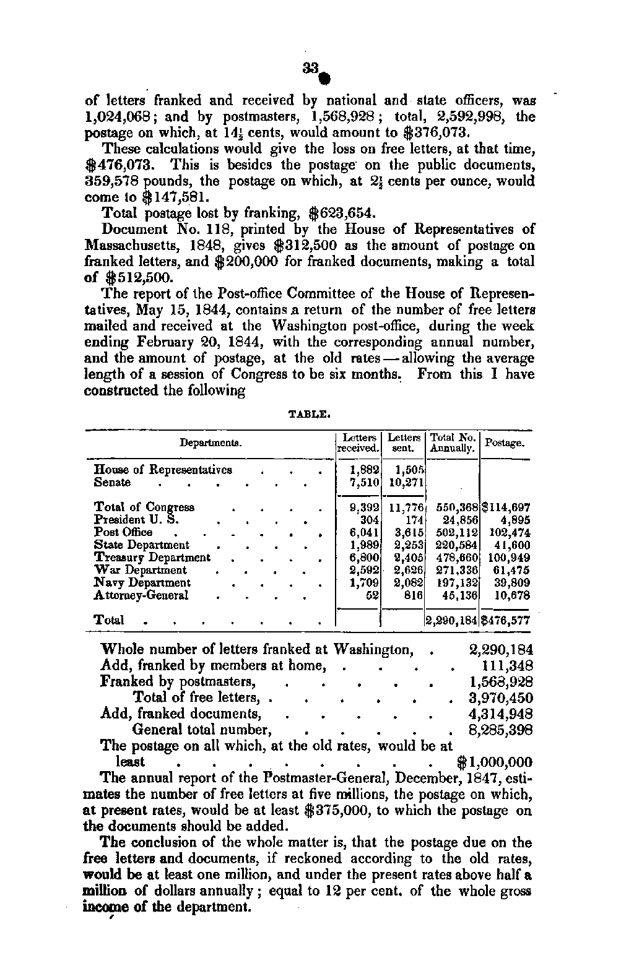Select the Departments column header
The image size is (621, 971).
tap(210, 443)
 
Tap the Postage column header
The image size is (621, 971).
tap(505, 443)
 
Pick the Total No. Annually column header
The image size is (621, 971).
tap(453, 442)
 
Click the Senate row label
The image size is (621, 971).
tap(112, 483)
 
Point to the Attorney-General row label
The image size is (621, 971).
tap(141, 595)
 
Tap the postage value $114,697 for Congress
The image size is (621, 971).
tap(505, 507)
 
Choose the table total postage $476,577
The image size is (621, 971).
tap(505, 621)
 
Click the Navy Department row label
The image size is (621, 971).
tap(142, 583)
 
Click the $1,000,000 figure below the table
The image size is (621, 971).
tap(493, 762)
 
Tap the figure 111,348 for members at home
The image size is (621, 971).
tap(507, 666)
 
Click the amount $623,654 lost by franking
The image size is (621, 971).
tap(342, 214)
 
